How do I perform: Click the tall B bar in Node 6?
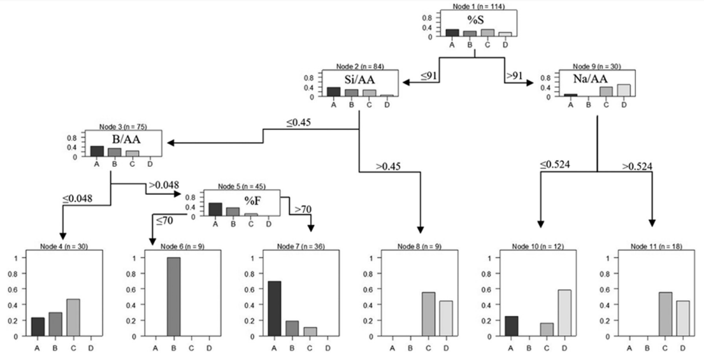[x=174, y=296]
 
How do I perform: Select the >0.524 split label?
[x=638, y=167]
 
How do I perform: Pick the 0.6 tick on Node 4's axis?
[x=24, y=289]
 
